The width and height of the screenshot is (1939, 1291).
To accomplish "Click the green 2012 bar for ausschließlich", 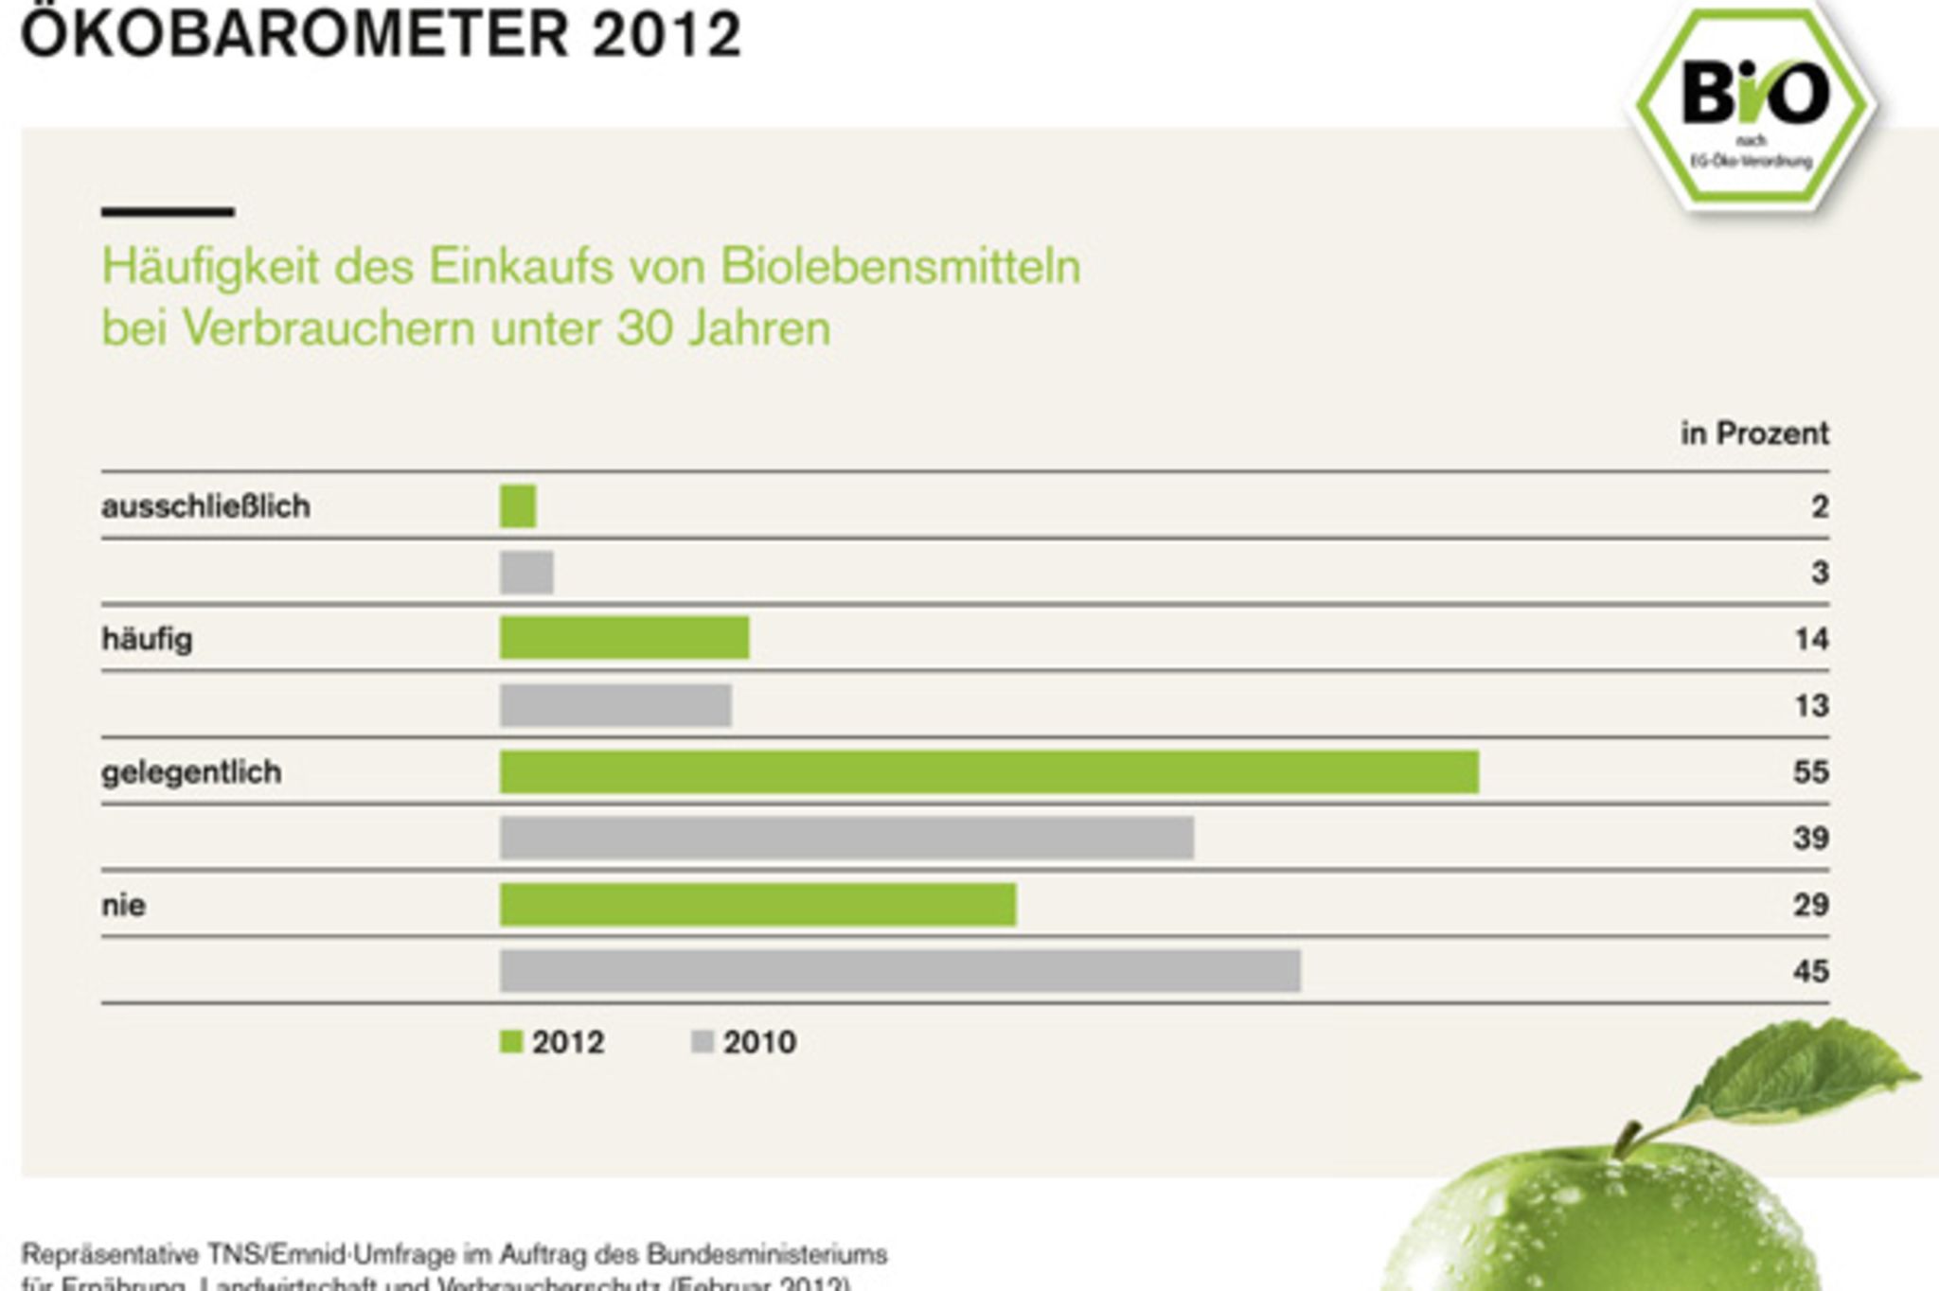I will (518, 506).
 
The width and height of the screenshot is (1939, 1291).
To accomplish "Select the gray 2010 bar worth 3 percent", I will (526, 573).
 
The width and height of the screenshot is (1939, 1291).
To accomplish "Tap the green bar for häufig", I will (624, 638).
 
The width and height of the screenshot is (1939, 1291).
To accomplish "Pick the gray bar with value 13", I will (615, 705).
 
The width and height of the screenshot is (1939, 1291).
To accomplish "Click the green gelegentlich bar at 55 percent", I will (988, 771).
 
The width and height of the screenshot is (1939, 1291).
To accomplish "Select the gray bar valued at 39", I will (846, 838).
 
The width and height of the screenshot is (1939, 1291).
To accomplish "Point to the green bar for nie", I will (757, 905).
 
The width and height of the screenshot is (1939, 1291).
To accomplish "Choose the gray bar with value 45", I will (899, 971).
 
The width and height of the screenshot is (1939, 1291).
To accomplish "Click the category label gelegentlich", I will (191, 772).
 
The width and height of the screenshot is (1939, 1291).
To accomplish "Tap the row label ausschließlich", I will (205, 506).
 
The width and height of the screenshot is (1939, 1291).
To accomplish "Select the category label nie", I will (123, 905).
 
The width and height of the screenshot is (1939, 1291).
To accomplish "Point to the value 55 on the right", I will (1809, 771).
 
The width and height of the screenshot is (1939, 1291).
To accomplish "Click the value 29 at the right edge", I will (1809, 905).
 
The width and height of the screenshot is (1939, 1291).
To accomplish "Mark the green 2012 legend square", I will (511, 1042).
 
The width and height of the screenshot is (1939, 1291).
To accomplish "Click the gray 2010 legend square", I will (703, 1042).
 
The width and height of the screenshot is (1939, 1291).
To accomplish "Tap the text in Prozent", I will (1754, 433).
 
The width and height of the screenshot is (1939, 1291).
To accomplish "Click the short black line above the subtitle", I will (168, 212).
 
